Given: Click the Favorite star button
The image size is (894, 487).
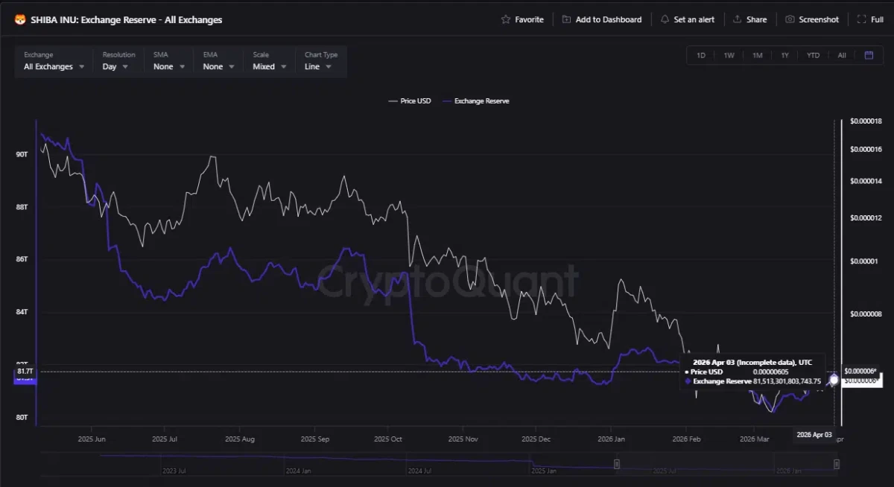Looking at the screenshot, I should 522,19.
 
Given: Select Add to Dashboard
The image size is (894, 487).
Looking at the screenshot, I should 601,19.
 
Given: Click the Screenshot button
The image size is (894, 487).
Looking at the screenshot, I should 811,19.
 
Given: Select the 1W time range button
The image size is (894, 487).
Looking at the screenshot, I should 729,55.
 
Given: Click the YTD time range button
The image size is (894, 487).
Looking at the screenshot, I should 813,55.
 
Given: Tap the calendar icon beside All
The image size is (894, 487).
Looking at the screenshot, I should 869,55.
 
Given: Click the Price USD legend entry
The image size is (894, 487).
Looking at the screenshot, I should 409,101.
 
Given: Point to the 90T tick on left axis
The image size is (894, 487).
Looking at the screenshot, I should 22,154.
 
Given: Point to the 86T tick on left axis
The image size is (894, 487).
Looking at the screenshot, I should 22,259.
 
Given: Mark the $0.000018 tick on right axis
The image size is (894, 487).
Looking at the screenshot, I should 866,121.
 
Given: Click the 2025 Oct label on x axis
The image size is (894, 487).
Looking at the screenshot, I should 387,439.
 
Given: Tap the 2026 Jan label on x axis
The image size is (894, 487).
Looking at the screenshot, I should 611,439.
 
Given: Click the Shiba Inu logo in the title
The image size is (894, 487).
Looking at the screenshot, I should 20,19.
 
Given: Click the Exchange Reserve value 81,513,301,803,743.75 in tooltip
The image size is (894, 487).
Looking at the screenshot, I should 787,381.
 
